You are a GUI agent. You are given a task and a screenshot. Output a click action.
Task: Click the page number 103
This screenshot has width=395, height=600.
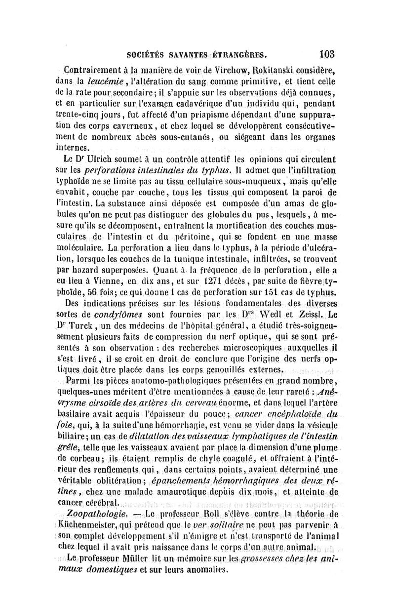pos(327,53)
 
